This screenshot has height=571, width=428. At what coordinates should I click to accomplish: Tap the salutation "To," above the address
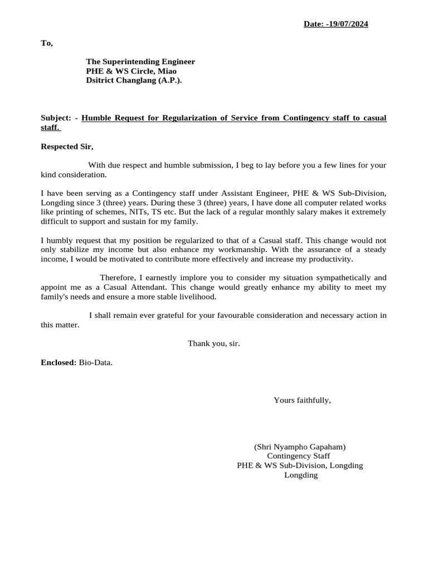(x=47, y=43)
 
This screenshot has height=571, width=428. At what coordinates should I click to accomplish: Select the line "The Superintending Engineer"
(x=140, y=61)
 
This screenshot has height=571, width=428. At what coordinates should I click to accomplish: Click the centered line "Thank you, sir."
(x=214, y=343)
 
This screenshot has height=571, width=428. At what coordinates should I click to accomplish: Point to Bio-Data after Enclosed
(x=95, y=362)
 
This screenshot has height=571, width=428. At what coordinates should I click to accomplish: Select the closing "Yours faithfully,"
(x=302, y=400)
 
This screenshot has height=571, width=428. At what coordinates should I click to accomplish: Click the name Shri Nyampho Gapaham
(x=300, y=447)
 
